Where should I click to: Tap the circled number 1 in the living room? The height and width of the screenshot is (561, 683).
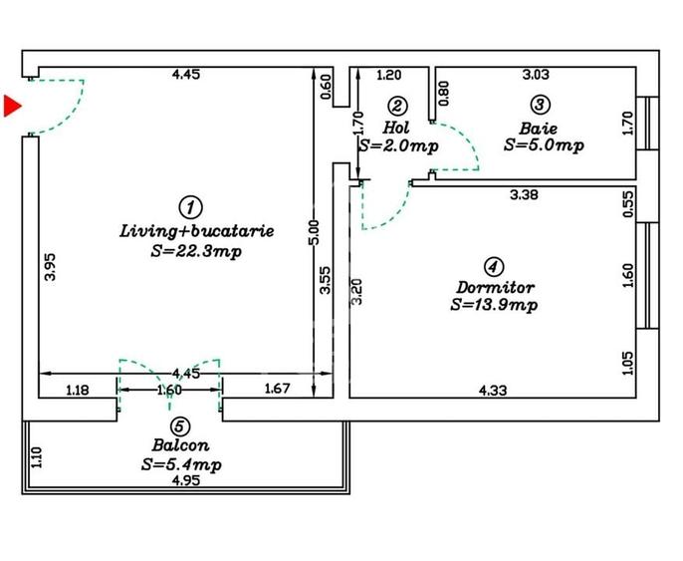coord(189,207)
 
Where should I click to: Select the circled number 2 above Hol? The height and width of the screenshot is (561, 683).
coord(397,106)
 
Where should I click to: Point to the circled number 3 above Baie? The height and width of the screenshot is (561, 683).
coord(539,105)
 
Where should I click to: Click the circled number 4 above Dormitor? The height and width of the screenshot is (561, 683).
coord(492,266)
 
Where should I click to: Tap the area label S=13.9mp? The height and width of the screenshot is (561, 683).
coord(494,304)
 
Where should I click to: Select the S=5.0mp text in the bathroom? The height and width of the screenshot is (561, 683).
coord(543,145)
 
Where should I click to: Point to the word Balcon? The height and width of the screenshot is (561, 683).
coord(179,444)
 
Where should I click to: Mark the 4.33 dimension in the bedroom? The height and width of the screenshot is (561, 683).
coord(493,390)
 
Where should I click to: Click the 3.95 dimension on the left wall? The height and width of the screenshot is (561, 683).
coord(51,269)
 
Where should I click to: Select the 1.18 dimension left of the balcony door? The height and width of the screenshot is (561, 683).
coord(77,390)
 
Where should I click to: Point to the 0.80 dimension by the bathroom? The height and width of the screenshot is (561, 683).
coord(443,91)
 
